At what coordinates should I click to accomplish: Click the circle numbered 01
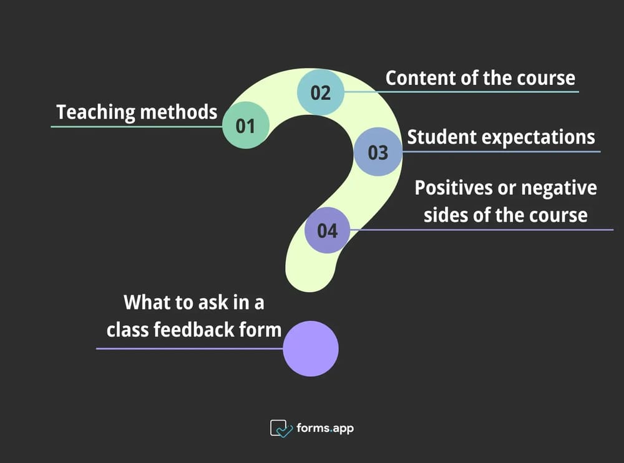click(x=245, y=126)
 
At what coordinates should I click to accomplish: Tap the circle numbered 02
click(x=320, y=92)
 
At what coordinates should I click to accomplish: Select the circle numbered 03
click(x=378, y=152)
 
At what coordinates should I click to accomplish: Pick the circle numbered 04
click(x=327, y=230)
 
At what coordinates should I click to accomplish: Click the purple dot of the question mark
click(x=311, y=349)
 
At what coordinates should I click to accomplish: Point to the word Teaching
click(x=95, y=112)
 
